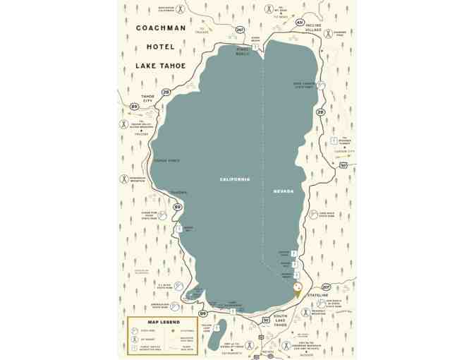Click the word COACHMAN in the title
[x=160, y=28]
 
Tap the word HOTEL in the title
[x=160, y=47]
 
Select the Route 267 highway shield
[x=240, y=30]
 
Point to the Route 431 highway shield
[x=300, y=23]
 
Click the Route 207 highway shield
[x=326, y=287]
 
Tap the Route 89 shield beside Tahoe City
[x=135, y=107]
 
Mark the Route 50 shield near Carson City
[x=343, y=164]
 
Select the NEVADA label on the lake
[x=283, y=191]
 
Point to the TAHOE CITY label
[x=147, y=99]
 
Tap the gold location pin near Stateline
[x=297, y=288]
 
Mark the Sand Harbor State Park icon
[x=321, y=84]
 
